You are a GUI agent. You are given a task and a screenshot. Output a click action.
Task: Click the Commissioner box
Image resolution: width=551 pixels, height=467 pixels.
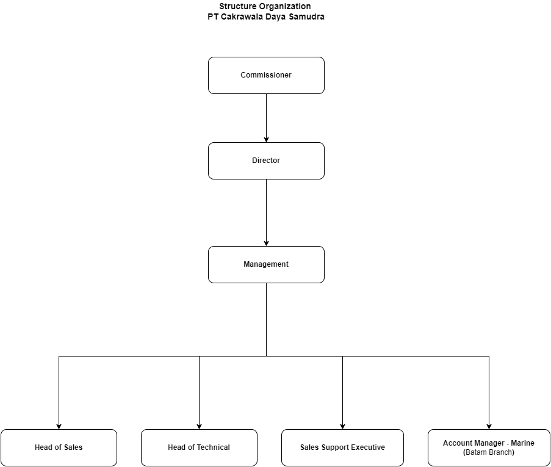coord(266,75)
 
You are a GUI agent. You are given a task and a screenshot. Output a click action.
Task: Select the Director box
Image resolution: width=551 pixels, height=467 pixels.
coord(266,161)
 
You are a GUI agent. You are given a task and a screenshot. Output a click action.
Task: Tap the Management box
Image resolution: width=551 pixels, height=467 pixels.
coord(266,264)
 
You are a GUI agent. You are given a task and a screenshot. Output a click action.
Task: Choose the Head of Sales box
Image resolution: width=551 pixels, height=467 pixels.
coord(59,447)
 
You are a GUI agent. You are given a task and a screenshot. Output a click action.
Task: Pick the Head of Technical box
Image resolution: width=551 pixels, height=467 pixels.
coord(199,447)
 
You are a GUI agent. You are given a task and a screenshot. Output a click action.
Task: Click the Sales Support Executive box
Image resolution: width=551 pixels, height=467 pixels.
coord(342,447)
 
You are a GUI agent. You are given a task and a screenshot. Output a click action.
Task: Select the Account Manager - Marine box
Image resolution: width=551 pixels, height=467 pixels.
coord(489,447)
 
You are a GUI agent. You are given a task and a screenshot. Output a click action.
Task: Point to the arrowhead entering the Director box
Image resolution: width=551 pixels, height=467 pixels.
coord(266,140)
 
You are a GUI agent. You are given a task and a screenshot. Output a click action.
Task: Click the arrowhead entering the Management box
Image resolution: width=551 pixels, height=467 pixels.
coord(266,244)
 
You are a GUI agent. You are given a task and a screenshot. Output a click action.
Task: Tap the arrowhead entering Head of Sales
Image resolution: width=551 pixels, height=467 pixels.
coord(59,427)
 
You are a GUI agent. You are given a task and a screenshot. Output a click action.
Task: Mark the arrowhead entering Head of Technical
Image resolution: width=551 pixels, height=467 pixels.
coord(199,427)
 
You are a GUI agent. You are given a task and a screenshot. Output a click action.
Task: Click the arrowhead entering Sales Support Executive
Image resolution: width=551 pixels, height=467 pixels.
coord(342,427)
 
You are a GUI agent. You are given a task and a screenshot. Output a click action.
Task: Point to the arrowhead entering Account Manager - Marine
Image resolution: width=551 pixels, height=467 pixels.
coord(489,427)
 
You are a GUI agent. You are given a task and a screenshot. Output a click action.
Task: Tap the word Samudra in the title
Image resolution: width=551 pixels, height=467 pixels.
coord(306,16)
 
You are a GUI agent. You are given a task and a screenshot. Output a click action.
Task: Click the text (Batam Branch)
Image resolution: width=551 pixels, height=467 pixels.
coord(488,452)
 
